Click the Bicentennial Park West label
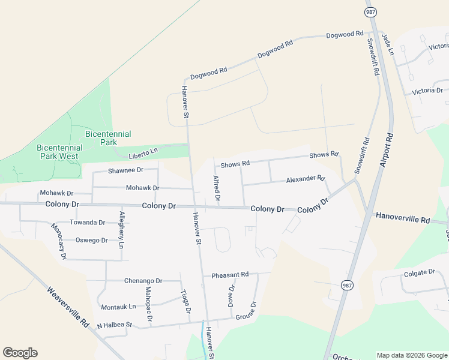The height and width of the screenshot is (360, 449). [58, 152]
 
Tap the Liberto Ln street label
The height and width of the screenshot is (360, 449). [143, 153]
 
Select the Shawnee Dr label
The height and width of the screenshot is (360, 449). [125, 170]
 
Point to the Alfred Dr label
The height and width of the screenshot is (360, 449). [217, 188]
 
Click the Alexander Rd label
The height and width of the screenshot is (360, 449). [305, 179]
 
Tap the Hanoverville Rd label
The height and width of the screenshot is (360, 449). [403, 218]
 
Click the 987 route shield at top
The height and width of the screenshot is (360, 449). [371, 11]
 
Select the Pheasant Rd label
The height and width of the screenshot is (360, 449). [230, 275]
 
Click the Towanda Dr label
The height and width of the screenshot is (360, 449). [87, 223]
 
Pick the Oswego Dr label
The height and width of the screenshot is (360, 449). [91, 241]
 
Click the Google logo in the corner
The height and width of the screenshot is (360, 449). [20, 353]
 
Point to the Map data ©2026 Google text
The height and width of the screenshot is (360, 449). [411, 355]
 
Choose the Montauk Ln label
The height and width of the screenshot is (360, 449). [118, 307]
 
